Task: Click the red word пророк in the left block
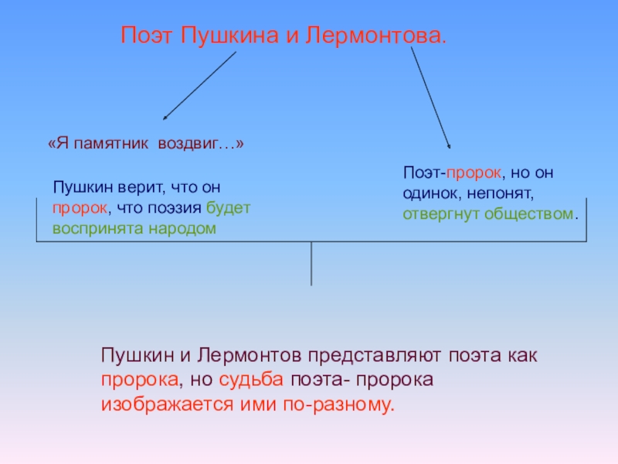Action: (x=76, y=209)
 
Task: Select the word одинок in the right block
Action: (x=430, y=192)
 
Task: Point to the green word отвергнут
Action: (x=438, y=213)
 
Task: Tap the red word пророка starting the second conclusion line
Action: (x=138, y=380)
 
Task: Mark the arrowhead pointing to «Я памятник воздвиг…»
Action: (x=165, y=118)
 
